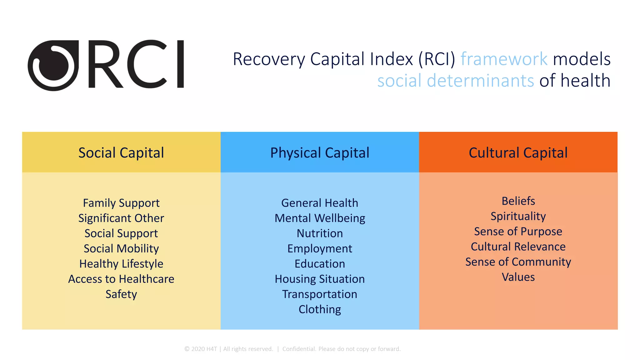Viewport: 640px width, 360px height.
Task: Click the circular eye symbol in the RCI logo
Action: coord(53,66)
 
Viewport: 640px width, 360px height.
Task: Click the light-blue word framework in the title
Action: coord(504,59)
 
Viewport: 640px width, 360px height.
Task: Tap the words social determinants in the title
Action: coord(456,81)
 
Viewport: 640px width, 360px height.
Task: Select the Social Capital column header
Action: coord(121,153)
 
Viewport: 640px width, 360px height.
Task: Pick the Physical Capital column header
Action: coord(320,153)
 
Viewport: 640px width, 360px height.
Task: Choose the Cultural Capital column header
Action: coord(518,153)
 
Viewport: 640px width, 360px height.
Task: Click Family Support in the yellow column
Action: coord(121,203)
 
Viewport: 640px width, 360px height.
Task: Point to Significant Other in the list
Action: coord(121,218)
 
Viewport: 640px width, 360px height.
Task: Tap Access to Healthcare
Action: coord(121,279)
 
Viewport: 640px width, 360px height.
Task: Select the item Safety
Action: coord(121,294)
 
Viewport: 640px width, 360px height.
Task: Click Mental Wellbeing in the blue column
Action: coord(320,218)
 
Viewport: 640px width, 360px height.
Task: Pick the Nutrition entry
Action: coord(320,233)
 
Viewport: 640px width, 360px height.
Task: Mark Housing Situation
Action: coord(320,279)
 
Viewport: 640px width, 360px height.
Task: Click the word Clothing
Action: coord(320,309)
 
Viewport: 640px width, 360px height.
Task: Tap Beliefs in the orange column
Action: coord(518,201)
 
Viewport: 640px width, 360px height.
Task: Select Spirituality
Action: coord(518,216)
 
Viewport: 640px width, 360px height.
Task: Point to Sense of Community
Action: coord(518,262)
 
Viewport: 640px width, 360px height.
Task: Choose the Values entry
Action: coord(518,277)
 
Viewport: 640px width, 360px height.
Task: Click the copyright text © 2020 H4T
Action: coord(201,349)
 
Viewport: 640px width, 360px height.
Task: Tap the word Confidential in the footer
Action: coord(299,349)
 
